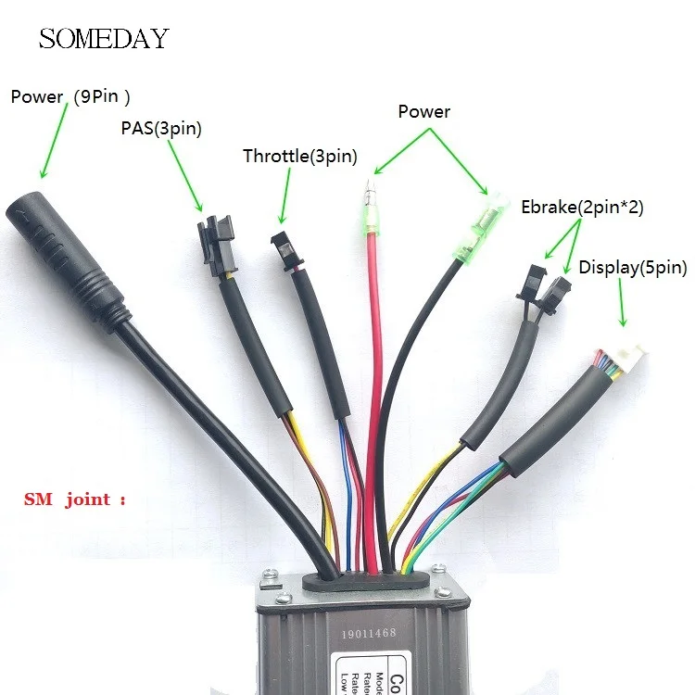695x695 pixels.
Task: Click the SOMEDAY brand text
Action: coord(104,39)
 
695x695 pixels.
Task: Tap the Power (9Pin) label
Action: coord(69,96)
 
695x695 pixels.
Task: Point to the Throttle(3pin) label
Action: coord(299,157)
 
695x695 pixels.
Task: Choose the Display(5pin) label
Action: coord(633,268)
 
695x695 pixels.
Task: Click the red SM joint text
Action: coord(73,499)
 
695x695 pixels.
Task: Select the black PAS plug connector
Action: coord(216,246)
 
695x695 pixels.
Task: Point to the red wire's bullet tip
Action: coord(370,196)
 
